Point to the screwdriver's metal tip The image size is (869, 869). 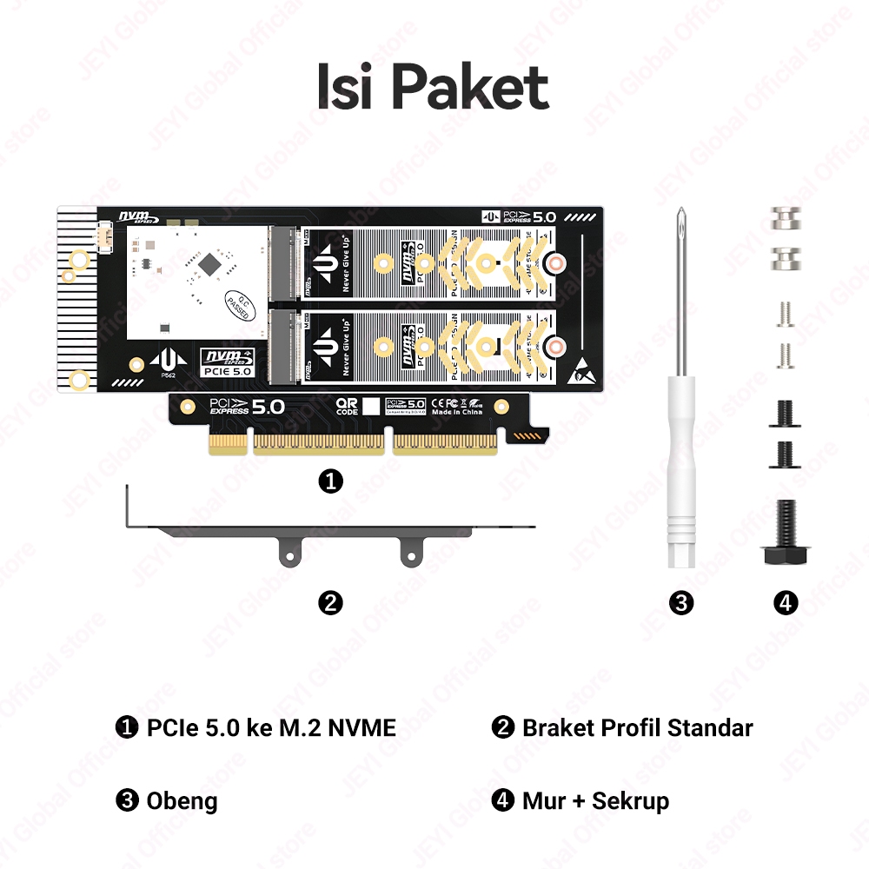tap(681, 217)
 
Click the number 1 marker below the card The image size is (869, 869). tap(330, 481)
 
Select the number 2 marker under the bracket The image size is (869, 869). tap(330, 602)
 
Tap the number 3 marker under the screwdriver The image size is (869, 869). tap(681, 602)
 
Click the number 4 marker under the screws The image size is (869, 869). tap(785, 602)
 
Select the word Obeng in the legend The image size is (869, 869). tap(182, 800)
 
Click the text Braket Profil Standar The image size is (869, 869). tap(637, 727)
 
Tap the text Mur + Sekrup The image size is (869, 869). tap(595, 800)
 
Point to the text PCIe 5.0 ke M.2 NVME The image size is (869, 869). tap(271, 727)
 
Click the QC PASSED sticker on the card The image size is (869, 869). tap(235, 302)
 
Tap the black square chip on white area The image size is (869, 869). tap(210, 262)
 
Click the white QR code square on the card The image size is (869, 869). tap(371, 406)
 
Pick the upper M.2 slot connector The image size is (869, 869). tap(283, 262)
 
